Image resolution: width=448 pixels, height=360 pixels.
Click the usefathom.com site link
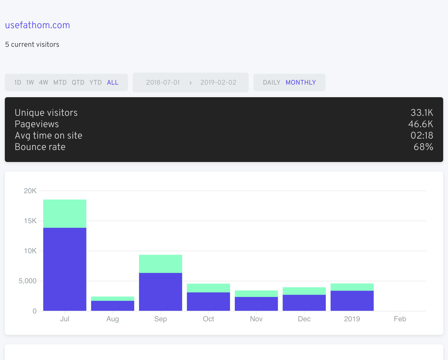click(x=38, y=25)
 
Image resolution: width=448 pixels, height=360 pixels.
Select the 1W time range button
click(x=30, y=82)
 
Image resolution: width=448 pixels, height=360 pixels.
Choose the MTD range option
click(x=60, y=82)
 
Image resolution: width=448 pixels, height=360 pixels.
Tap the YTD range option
click(x=95, y=82)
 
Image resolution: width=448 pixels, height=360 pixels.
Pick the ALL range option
click(x=113, y=82)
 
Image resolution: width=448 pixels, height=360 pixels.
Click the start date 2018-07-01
click(x=163, y=82)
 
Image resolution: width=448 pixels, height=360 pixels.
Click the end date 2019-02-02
click(x=218, y=82)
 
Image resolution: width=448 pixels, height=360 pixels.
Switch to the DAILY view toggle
click(x=271, y=82)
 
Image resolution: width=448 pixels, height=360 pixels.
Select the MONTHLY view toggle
click(x=301, y=82)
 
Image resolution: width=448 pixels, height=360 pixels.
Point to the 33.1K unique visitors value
click(x=422, y=113)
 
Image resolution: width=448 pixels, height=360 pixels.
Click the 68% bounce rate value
click(x=423, y=147)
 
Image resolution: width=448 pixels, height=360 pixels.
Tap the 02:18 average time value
click(x=422, y=136)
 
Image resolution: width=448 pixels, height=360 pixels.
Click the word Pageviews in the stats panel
click(x=37, y=124)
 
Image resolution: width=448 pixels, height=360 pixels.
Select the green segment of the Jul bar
click(x=65, y=214)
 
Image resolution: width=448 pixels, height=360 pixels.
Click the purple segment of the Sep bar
click(x=161, y=292)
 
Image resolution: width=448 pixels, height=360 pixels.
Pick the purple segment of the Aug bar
click(x=113, y=306)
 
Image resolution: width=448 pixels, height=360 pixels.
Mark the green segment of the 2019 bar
click(x=352, y=287)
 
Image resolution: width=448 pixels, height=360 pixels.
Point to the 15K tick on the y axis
click(x=30, y=221)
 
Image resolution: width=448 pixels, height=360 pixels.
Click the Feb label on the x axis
click(x=400, y=319)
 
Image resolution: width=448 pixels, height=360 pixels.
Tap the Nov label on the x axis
click(x=256, y=319)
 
